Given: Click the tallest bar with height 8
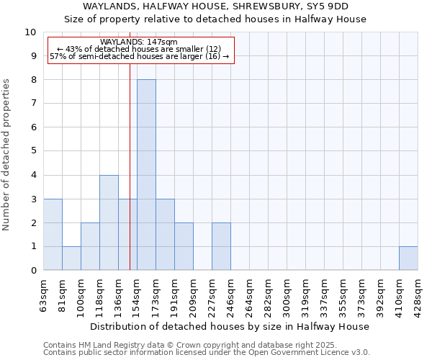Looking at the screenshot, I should (x=146, y=175).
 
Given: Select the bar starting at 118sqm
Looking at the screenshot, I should (x=109, y=222).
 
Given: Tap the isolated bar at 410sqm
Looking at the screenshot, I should (x=408, y=258).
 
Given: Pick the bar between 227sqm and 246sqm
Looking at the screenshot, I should (x=221, y=246).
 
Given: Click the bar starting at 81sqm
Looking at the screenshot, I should (x=71, y=258).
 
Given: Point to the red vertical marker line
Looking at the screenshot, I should (x=130, y=180).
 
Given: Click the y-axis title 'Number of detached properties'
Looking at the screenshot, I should (x=6, y=155).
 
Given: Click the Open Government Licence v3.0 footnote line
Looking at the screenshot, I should (x=207, y=353).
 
